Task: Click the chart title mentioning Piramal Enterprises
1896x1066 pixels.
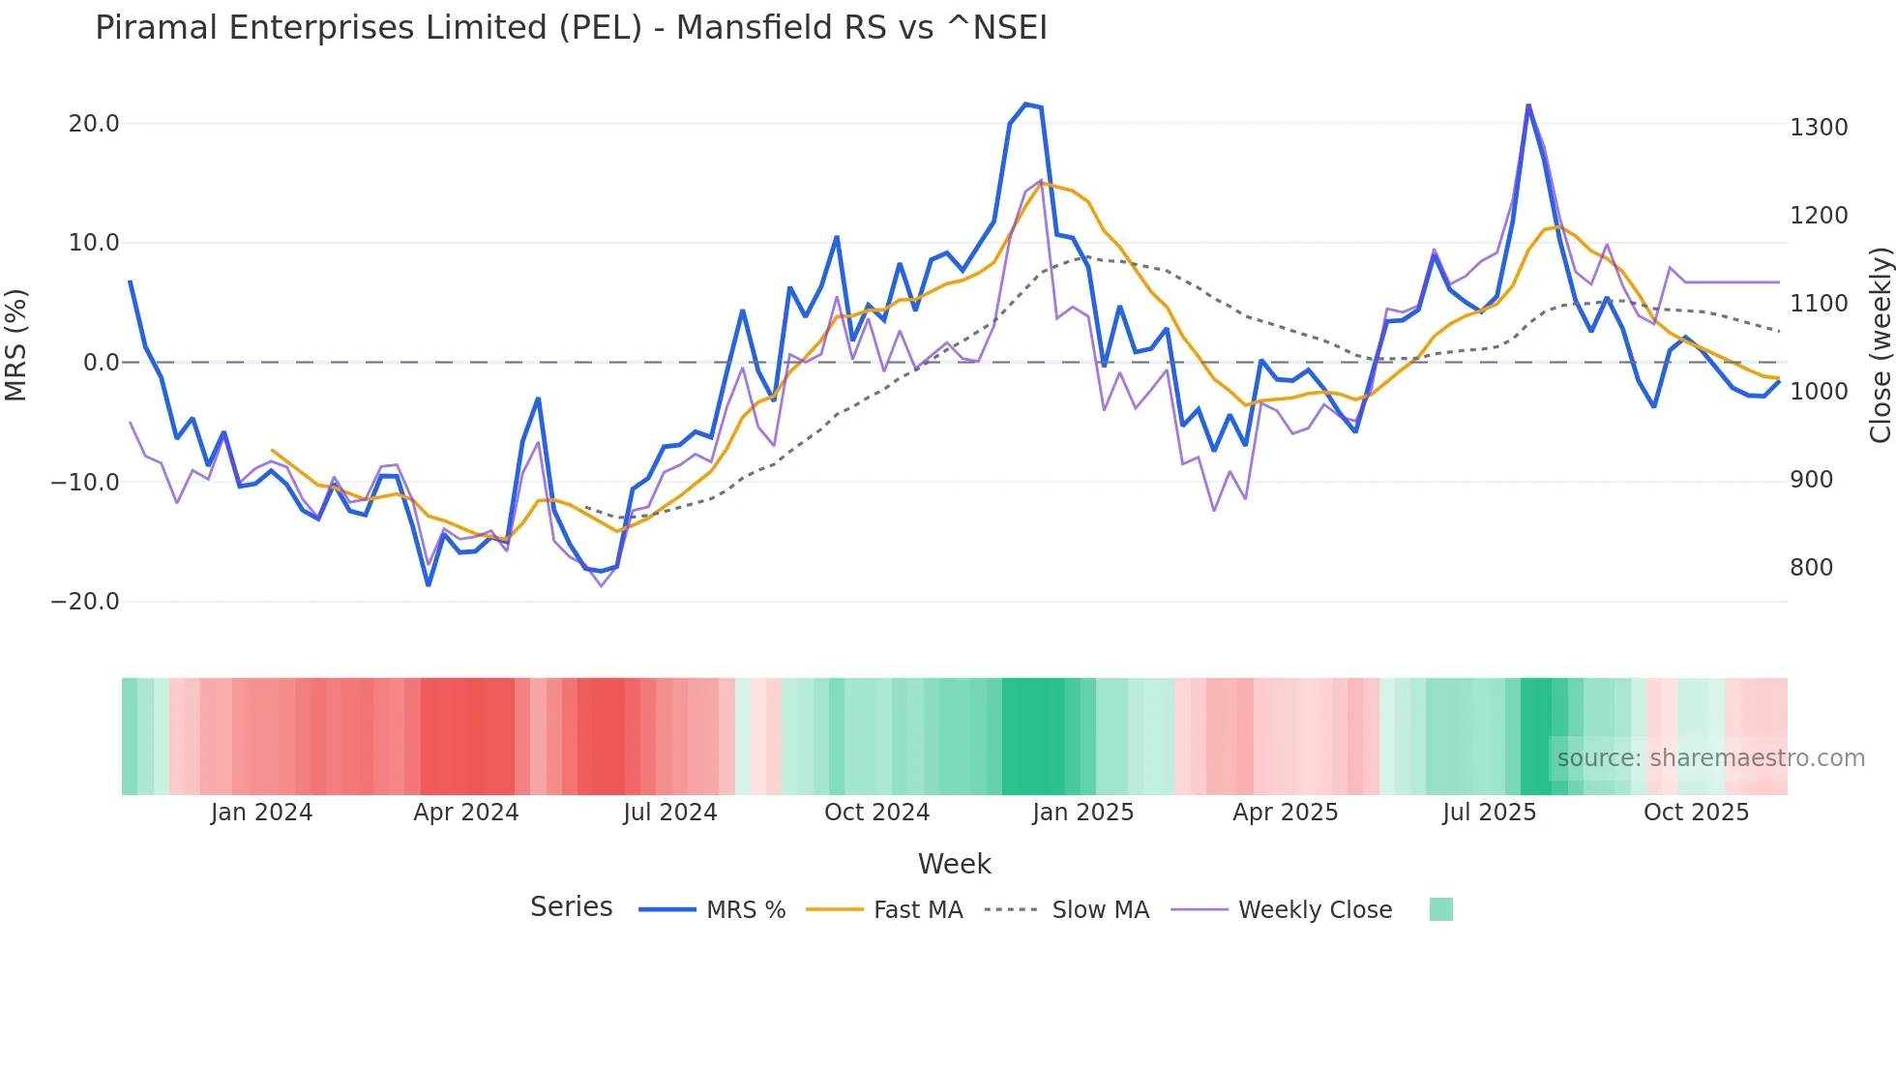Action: coord(571,27)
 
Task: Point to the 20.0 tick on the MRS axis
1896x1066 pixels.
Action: coord(94,124)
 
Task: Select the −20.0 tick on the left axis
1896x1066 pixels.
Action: coord(85,602)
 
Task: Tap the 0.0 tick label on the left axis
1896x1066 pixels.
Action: coord(101,363)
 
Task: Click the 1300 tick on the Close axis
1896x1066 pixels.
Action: coord(1819,128)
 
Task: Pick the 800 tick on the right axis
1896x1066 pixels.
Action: coord(1811,568)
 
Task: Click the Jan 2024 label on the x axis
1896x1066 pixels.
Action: coord(261,813)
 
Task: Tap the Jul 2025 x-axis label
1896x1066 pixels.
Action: coord(1489,813)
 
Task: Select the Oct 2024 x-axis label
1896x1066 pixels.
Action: coord(876,813)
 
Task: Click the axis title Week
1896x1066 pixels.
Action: coord(954,864)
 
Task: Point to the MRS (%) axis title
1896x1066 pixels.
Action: coord(16,345)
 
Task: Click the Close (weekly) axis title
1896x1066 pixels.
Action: coord(1880,345)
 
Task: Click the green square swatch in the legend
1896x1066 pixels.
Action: coord(1440,909)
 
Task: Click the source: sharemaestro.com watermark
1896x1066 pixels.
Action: coord(1710,758)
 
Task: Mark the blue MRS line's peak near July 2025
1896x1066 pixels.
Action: coord(1528,105)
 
